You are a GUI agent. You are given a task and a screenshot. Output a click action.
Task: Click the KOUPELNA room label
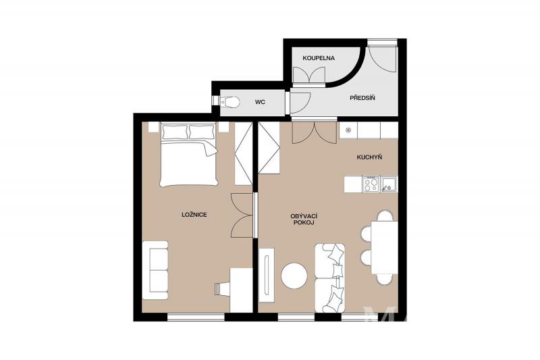(319, 58)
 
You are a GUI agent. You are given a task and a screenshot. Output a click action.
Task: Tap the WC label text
(260, 102)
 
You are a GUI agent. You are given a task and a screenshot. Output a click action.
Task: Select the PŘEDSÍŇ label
(362, 98)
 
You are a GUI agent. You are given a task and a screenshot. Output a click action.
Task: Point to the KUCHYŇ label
(369, 157)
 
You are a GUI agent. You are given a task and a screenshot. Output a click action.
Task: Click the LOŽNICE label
(194, 215)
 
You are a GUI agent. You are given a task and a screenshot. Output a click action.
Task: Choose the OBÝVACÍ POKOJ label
(304, 219)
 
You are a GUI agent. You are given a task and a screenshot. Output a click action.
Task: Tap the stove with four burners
(371, 184)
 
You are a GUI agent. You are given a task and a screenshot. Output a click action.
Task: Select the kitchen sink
(389, 184)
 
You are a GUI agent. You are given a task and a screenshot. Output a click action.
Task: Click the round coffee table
(294, 276)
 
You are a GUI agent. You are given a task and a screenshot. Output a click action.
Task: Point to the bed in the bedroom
(189, 155)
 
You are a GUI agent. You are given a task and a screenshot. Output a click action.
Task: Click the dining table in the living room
(385, 247)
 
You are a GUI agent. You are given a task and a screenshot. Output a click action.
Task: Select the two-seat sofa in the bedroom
(155, 270)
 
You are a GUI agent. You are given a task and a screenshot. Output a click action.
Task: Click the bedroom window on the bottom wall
(196, 317)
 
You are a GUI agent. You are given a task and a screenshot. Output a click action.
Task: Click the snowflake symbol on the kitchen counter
(348, 130)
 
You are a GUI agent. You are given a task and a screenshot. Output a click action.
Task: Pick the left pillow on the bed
(175, 132)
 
